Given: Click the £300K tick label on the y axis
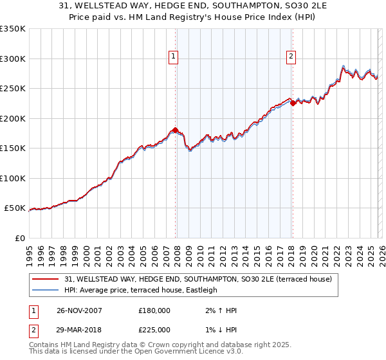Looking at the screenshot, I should pos(13,59).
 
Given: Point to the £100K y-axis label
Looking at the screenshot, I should pos(13,178).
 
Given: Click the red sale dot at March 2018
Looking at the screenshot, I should pos(293,102).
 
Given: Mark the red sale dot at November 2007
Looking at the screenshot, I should pos(176,130).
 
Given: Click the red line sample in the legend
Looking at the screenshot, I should pos(46,279).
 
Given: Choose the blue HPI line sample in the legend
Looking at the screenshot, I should pos(46,290).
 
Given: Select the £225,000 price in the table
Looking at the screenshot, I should pos(154,329).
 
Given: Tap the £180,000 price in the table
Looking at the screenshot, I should pos(154,310).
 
